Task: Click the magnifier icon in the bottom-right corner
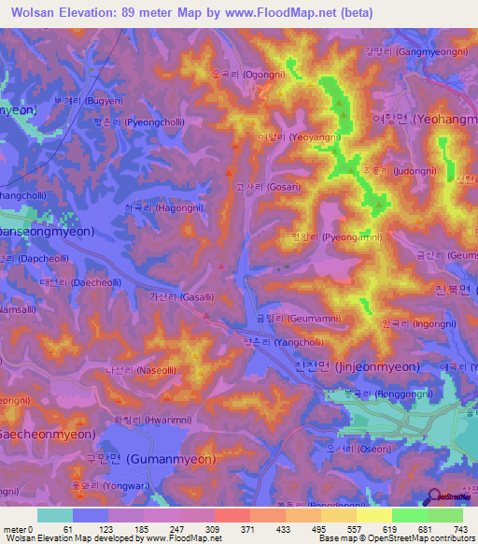pyautogui.click(x=436, y=501)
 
